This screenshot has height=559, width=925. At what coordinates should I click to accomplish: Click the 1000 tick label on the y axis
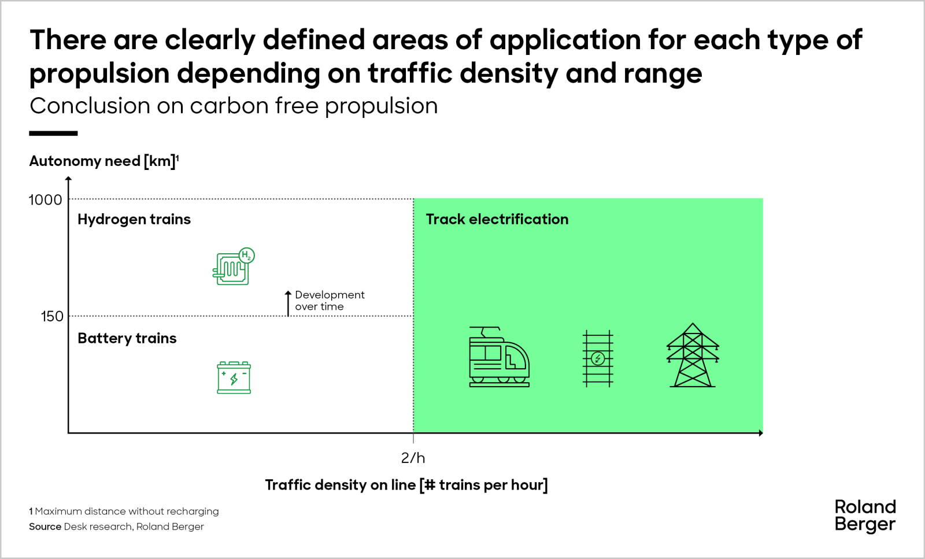pos(45,200)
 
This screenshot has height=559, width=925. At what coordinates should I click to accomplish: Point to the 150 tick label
pos(52,316)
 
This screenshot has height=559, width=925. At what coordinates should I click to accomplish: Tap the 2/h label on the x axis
pos(413,458)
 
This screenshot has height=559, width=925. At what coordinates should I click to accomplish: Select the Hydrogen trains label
pos(134,220)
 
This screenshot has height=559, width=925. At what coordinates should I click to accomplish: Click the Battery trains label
pos(127,338)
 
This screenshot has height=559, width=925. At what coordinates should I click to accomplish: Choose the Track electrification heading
pos(497,220)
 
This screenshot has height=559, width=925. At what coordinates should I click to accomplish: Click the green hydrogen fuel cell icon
pos(233,266)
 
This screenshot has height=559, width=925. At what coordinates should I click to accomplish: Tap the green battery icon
pos(234,377)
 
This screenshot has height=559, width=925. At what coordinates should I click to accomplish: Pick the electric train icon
pos(498,357)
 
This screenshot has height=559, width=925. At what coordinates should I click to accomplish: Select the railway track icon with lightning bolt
pos(598,358)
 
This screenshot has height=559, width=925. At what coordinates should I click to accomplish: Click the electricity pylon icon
pos(693,356)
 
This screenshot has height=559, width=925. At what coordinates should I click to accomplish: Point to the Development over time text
pos(330,301)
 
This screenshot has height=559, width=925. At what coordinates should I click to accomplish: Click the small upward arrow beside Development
pos(288,303)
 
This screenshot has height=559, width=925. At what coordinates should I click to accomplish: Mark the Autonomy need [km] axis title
pos(103,161)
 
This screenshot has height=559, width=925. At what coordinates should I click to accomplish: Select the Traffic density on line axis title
pos(406,484)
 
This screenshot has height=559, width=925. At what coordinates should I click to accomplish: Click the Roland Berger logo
pos(865,515)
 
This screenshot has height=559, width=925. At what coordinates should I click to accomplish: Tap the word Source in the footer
pos(45,527)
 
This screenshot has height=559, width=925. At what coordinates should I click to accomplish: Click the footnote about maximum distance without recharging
pos(124,512)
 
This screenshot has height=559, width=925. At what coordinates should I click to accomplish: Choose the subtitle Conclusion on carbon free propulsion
pos(234,106)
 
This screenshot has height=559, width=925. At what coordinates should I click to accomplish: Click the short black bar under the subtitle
pos(53,134)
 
